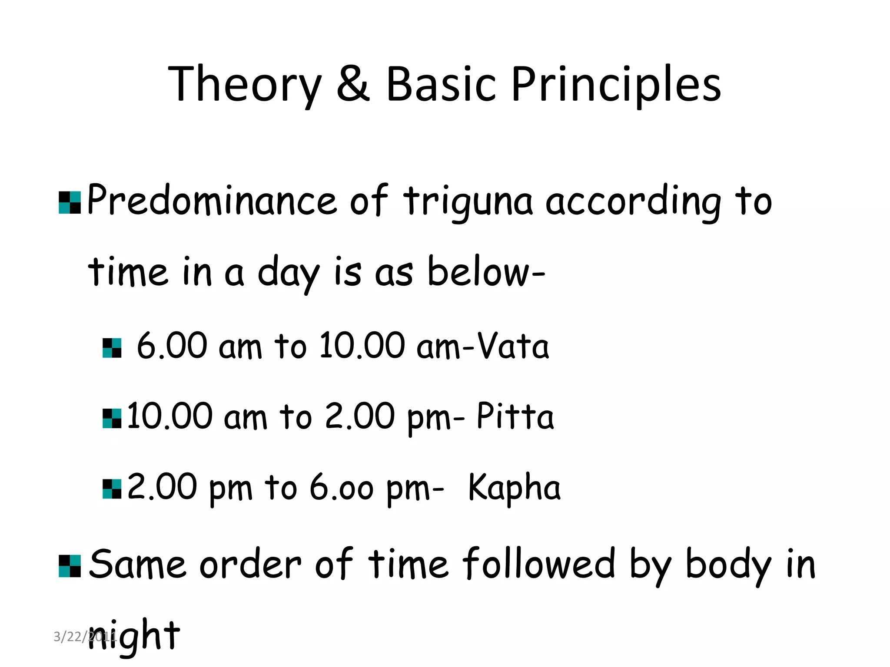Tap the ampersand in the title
[353, 84]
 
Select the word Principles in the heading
[616, 85]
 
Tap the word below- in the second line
[486, 273]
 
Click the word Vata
[513, 346]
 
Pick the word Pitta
[515, 416]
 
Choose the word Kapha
[514, 488]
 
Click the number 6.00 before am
[172, 346]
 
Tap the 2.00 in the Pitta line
[359, 416]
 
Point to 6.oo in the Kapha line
[341, 488]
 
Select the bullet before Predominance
[70, 203]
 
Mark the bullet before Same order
[70, 566]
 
